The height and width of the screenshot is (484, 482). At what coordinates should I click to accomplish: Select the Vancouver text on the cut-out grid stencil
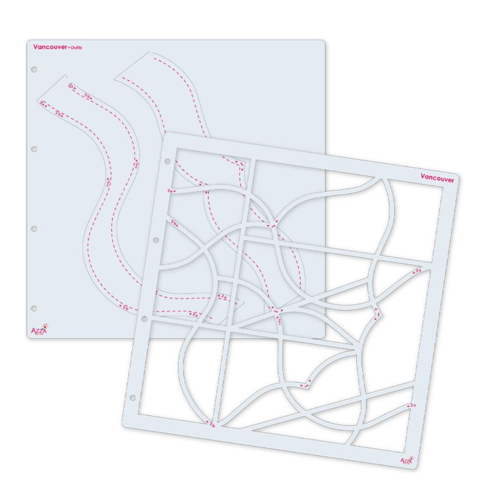pyautogui.click(x=437, y=177)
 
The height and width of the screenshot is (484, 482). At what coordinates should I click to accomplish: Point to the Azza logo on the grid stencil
pyautogui.click(x=406, y=460)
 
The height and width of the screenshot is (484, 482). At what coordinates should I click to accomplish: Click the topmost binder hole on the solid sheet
pyautogui.click(x=33, y=70)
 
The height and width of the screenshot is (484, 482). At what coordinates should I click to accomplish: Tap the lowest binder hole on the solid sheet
pyautogui.click(x=33, y=308)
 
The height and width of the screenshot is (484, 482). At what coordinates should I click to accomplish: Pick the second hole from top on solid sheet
pyautogui.click(x=33, y=149)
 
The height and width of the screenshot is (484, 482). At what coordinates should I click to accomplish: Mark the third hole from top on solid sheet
pyautogui.click(x=33, y=229)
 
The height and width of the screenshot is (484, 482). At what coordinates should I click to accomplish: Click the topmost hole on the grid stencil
pyautogui.click(x=167, y=162)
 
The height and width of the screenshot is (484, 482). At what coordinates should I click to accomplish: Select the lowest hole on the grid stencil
pyautogui.click(x=133, y=398)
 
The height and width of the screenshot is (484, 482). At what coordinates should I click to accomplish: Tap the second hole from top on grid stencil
pyautogui.click(x=156, y=240)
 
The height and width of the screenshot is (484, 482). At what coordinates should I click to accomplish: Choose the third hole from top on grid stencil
pyautogui.click(x=144, y=319)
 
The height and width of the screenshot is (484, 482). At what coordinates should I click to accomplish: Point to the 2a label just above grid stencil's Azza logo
pyautogui.click(x=412, y=406)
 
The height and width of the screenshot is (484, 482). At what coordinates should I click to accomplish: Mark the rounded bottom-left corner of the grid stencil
pyautogui.click(x=126, y=424)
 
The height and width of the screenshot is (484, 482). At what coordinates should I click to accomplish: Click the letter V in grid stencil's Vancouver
pyautogui.click(x=423, y=176)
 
